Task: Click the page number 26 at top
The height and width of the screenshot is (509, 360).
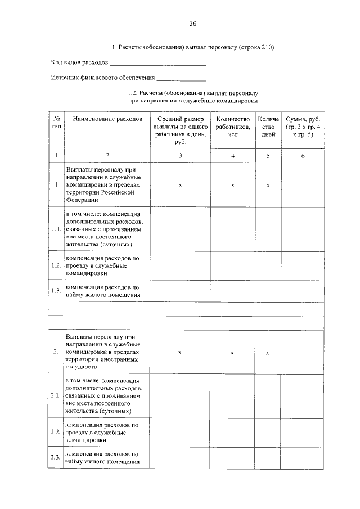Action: pos(192,24)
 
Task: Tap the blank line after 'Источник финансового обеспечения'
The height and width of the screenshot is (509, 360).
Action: pos(181,78)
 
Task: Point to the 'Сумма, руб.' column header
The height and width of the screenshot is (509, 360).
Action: pos(303,127)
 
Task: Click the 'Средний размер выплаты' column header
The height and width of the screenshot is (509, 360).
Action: pos(180,130)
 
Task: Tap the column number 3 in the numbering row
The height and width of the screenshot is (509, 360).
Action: pos(180,155)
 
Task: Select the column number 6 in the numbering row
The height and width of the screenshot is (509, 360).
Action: pos(303,155)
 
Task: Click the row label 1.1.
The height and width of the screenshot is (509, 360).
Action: pos(56,229)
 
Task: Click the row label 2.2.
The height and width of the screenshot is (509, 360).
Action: pos(56,432)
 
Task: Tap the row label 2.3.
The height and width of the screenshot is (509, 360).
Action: pos(56,458)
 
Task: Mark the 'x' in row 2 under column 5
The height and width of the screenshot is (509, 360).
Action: pos(268,352)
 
